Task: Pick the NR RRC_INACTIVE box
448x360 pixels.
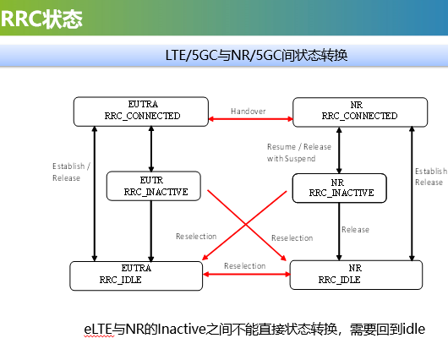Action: (338, 188)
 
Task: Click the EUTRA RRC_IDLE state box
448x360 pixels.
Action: (136, 274)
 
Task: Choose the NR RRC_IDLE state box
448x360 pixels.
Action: (352, 274)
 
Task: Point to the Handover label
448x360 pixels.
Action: (249, 111)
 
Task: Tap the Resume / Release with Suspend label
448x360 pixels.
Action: (292, 152)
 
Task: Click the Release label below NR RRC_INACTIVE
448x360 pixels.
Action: (355, 229)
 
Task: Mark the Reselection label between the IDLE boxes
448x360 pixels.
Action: (245, 265)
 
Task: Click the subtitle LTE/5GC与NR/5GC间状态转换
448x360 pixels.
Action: (258, 55)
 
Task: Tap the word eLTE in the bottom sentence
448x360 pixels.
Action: (99, 328)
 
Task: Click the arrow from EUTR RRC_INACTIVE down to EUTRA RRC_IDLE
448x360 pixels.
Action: (150, 231)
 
